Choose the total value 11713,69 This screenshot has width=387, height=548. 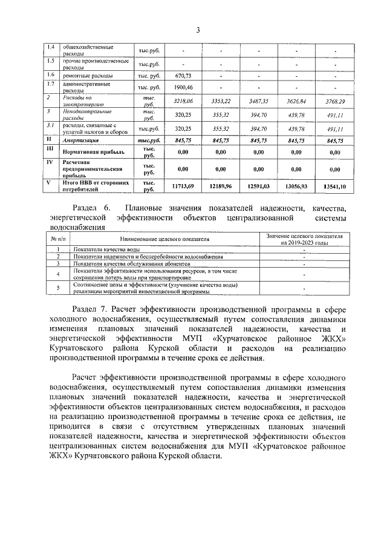tap(183, 186)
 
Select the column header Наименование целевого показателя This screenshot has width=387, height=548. tap(164, 239)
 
